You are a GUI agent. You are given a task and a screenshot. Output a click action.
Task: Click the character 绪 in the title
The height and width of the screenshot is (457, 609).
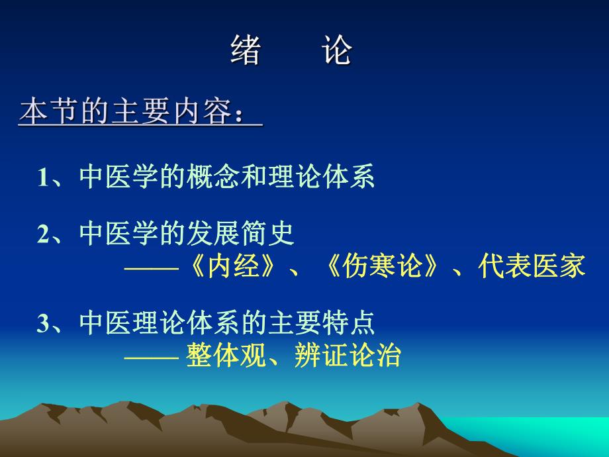246,51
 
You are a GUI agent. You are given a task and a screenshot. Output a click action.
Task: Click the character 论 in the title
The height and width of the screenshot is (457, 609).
337,51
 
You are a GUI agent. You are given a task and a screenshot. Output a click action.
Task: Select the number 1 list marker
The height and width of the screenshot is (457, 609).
44,178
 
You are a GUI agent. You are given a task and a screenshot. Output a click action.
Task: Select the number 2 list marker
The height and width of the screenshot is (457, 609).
44,234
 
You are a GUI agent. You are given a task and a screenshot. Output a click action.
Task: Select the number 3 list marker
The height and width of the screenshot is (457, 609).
44,324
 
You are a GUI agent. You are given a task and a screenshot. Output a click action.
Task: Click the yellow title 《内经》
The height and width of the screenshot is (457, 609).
232,266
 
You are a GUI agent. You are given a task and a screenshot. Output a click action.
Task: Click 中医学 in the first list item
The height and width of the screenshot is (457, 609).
120,178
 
